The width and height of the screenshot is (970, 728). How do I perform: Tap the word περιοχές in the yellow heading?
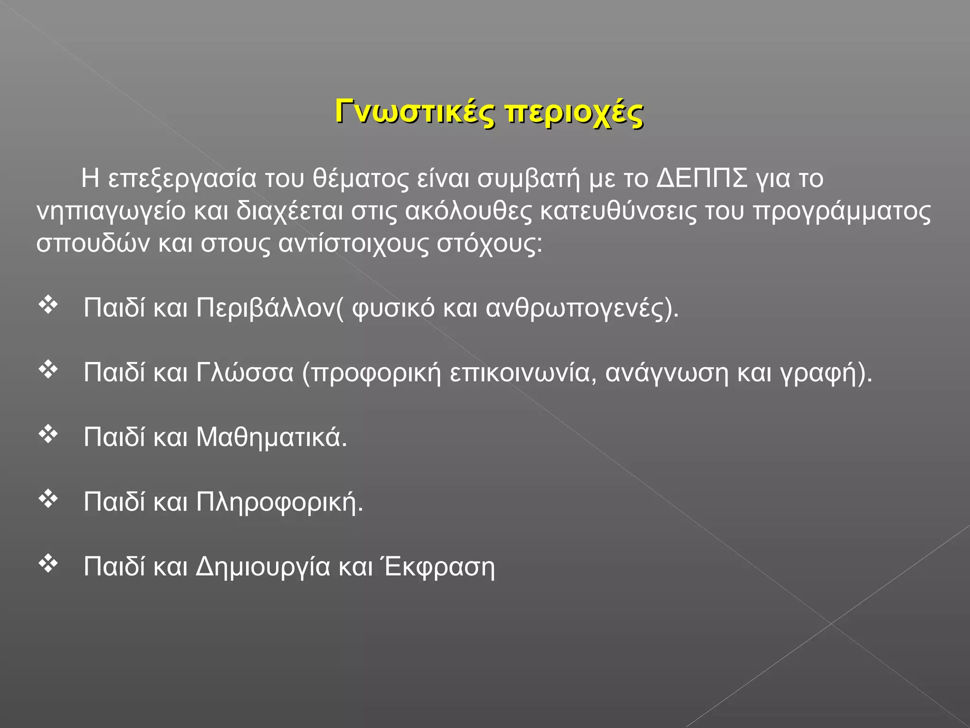pyautogui.click(x=574, y=114)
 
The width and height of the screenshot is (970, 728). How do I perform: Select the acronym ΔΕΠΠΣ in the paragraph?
pyautogui.click(x=702, y=179)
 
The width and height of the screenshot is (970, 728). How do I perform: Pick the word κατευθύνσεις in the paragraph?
pyautogui.click(x=618, y=211)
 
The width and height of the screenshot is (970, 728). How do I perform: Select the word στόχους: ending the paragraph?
pyautogui.click(x=489, y=244)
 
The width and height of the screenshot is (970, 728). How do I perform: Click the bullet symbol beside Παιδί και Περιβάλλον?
pyautogui.click(x=48, y=305)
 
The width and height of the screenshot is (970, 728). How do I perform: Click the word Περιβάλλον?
pyautogui.click(x=266, y=308)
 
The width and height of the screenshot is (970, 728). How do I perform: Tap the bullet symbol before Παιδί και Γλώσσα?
pyautogui.click(x=48, y=370)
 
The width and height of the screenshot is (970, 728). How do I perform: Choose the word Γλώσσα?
pyautogui.click(x=245, y=373)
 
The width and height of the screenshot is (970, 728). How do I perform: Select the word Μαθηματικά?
pyautogui.click(x=271, y=437)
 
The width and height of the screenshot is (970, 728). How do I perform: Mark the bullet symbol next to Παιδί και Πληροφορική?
pyautogui.click(x=48, y=499)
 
